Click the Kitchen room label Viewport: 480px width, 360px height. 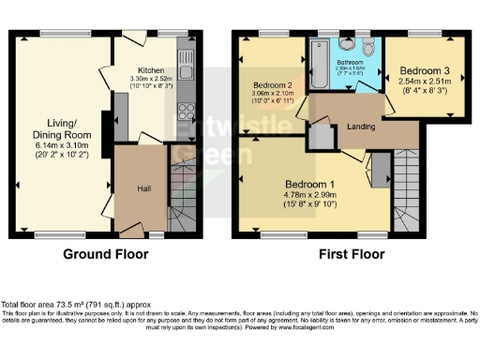(151, 70)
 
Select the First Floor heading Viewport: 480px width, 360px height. (352, 254)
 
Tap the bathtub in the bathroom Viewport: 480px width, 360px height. (318, 61)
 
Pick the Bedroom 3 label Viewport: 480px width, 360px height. (425, 71)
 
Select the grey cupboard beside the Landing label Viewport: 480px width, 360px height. (321, 136)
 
